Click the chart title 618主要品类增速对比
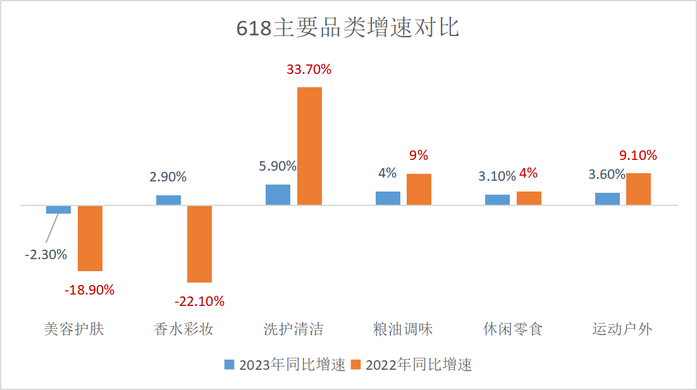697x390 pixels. [348, 28]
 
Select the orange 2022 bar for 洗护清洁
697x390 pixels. [309, 146]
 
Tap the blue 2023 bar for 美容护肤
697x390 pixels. [58, 209]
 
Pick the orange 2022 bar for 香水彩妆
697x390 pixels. [200, 244]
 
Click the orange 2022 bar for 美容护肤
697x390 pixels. [90, 238]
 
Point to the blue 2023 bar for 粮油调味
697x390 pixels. [388, 198]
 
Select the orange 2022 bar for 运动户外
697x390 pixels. [638, 189]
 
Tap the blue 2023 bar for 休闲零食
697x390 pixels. [497, 200]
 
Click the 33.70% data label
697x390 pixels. [309, 70]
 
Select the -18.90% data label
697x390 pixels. [89, 290]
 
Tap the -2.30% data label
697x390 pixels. [46, 255]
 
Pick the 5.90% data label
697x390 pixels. [278, 166]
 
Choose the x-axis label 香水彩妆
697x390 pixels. [183, 329]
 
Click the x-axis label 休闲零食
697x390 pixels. [513, 329]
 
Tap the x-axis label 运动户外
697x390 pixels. [622, 329]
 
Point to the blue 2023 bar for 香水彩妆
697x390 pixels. [168, 200]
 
